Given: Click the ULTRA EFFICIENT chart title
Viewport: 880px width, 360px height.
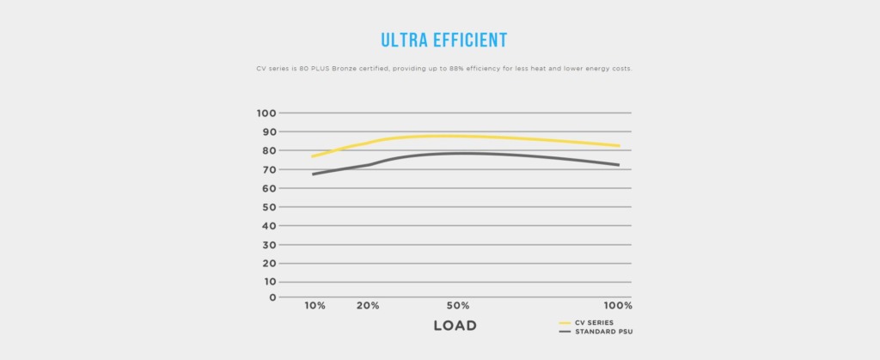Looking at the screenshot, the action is (x=444, y=40).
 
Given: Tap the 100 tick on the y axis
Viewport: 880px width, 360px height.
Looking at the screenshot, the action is (x=266, y=113).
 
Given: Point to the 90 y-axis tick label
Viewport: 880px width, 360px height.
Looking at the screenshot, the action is (x=269, y=131).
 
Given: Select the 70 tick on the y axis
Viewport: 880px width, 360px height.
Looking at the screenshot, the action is (x=269, y=169).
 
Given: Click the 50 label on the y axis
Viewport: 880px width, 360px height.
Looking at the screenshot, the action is (x=269, y=207).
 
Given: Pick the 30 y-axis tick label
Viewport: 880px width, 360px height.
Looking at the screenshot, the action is (x=269, y=245).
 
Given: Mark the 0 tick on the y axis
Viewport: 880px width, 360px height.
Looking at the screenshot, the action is (x=272, y=297).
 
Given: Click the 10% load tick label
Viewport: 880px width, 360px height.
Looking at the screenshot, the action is (x=315, y=306).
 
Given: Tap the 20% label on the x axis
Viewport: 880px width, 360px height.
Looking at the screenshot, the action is (x=368, y=306).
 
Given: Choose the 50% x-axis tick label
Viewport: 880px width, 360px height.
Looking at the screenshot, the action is (x=458, y=306).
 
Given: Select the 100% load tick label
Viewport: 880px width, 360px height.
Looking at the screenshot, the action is (x=618, y=306).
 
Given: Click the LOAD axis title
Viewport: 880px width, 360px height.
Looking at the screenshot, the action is (x=455, y=326).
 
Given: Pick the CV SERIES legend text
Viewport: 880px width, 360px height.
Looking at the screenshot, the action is (x=595, y=323).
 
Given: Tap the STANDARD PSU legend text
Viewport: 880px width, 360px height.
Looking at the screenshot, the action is (x=604, y=332).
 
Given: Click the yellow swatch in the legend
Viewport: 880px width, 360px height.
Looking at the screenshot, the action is (x=565, y=323).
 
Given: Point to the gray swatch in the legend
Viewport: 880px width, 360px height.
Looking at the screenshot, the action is (x=565, y=332).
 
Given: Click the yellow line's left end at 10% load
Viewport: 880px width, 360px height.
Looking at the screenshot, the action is (x=312, y=156).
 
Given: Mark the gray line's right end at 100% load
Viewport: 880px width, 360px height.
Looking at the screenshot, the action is (x=619, y=165).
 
